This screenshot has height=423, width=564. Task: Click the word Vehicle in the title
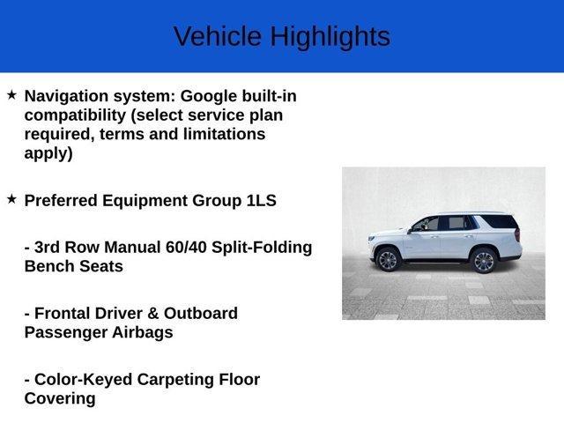pyautogui.click(x=218, y=36)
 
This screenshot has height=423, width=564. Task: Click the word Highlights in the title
pyautogui.click(x=330, y=36)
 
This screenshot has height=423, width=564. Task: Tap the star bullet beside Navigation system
pyautogui.click(x=11, y=94)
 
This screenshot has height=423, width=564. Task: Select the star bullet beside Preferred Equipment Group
pyautogui.click(x=11, y=199)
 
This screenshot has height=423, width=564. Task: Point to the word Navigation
pyautogui.click(x=68, y=95)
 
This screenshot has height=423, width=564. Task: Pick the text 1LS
pyautogui.click(x=261, y=200)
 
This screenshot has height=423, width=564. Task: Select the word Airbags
pyautogui.click(x=140, y=332)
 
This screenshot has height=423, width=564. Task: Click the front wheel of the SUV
pyautogui.click(x=388, y=259)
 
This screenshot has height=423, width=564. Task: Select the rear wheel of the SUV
pyautogui.click(x=482, y=260)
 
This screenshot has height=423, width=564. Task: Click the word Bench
pyautogui.click(x=49, y=266)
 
